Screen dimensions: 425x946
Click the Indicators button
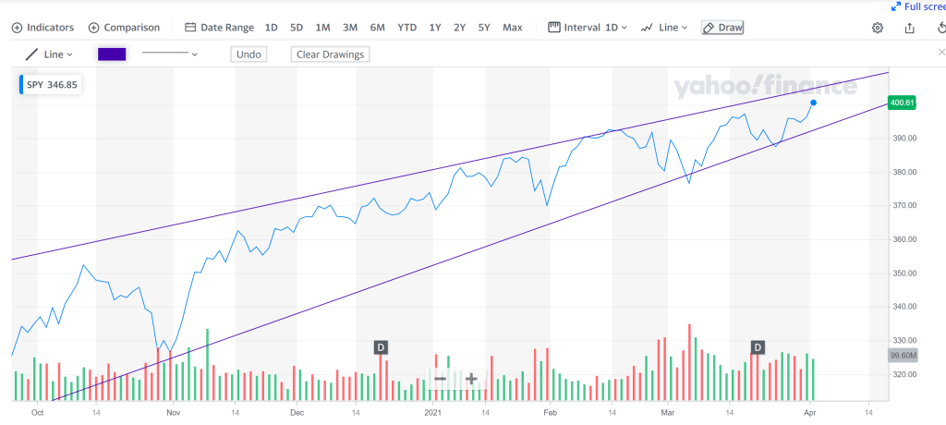click(x=42, y=28)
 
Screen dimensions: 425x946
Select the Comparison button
click(x=124, y=28)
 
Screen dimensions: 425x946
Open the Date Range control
click(x=220, y=28)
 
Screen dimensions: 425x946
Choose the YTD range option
click(x=406, y=28)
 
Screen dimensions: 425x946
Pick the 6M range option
click(x=377, y=28)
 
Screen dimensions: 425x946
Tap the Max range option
click(x=513, y=28)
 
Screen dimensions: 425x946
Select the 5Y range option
click(x=484, y=28)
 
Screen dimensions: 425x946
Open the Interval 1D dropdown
click(x=588, y=28)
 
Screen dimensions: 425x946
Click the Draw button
click(x=722, y=28)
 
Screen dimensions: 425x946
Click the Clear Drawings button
click(x=330, y=55)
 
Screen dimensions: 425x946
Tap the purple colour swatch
click(x=112, y=55)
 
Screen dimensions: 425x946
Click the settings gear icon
click(x=878, y=28)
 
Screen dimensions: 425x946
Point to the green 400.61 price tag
click(x=901, y=103)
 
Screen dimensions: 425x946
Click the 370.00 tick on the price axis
click(x=903, y=205)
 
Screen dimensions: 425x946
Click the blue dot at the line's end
click(x=813, y=103)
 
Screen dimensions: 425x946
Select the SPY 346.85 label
click(x=52, y=85)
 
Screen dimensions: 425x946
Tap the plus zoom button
click(x=471, y=378)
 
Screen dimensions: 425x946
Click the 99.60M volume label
click(x=901, y=355)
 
